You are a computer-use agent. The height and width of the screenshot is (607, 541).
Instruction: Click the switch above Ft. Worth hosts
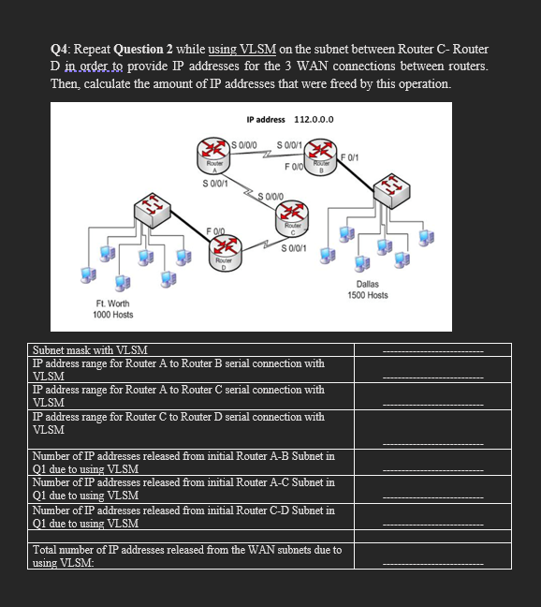click(146, 209)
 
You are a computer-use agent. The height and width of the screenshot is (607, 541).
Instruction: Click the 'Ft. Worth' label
click(113, 303)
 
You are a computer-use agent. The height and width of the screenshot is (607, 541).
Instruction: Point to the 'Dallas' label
click(367, 283)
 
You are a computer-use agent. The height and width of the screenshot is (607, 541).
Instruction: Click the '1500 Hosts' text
click(367, 295)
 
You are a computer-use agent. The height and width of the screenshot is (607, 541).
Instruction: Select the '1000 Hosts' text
click(113, 315)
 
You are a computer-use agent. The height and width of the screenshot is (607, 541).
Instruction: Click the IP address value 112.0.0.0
click(314, 120)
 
